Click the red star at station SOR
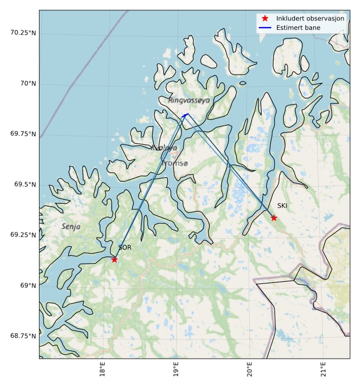click(114, 259)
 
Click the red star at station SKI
click(274, 218)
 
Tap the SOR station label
click(124, 248)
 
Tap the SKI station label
click(282, 206)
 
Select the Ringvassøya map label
click(189, 100)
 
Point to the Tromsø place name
click(175, 163)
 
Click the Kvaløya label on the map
click(164, 148)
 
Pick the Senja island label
click(71, 226)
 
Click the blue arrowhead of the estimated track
click(185, 114)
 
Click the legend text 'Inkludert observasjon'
click(310, 19)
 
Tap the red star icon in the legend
click(264, 19)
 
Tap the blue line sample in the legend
click(264, 28)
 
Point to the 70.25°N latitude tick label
click(23, 33)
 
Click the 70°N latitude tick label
click(27, 84)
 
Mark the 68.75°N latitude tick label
click(23, 336)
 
